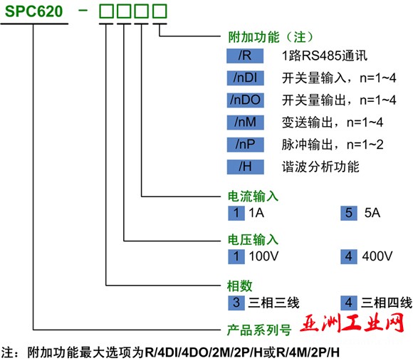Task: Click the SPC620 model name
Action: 34,11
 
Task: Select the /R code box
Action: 245,56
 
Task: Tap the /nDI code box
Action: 245,78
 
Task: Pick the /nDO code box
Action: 245,100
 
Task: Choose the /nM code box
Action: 245,122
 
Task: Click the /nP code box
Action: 245,145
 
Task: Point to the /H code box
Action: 245,167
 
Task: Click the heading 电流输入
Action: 253,197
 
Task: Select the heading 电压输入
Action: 253,240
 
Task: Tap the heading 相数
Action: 240,286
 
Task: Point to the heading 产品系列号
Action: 259,330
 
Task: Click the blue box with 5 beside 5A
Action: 349,213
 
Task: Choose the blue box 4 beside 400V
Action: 349,256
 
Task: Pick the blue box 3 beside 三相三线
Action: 236,303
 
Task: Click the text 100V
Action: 263,256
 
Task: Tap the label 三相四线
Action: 387,303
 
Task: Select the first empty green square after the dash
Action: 106,11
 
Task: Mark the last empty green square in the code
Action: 160,11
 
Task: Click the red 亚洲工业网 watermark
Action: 352,323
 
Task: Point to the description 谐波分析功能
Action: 320,167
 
